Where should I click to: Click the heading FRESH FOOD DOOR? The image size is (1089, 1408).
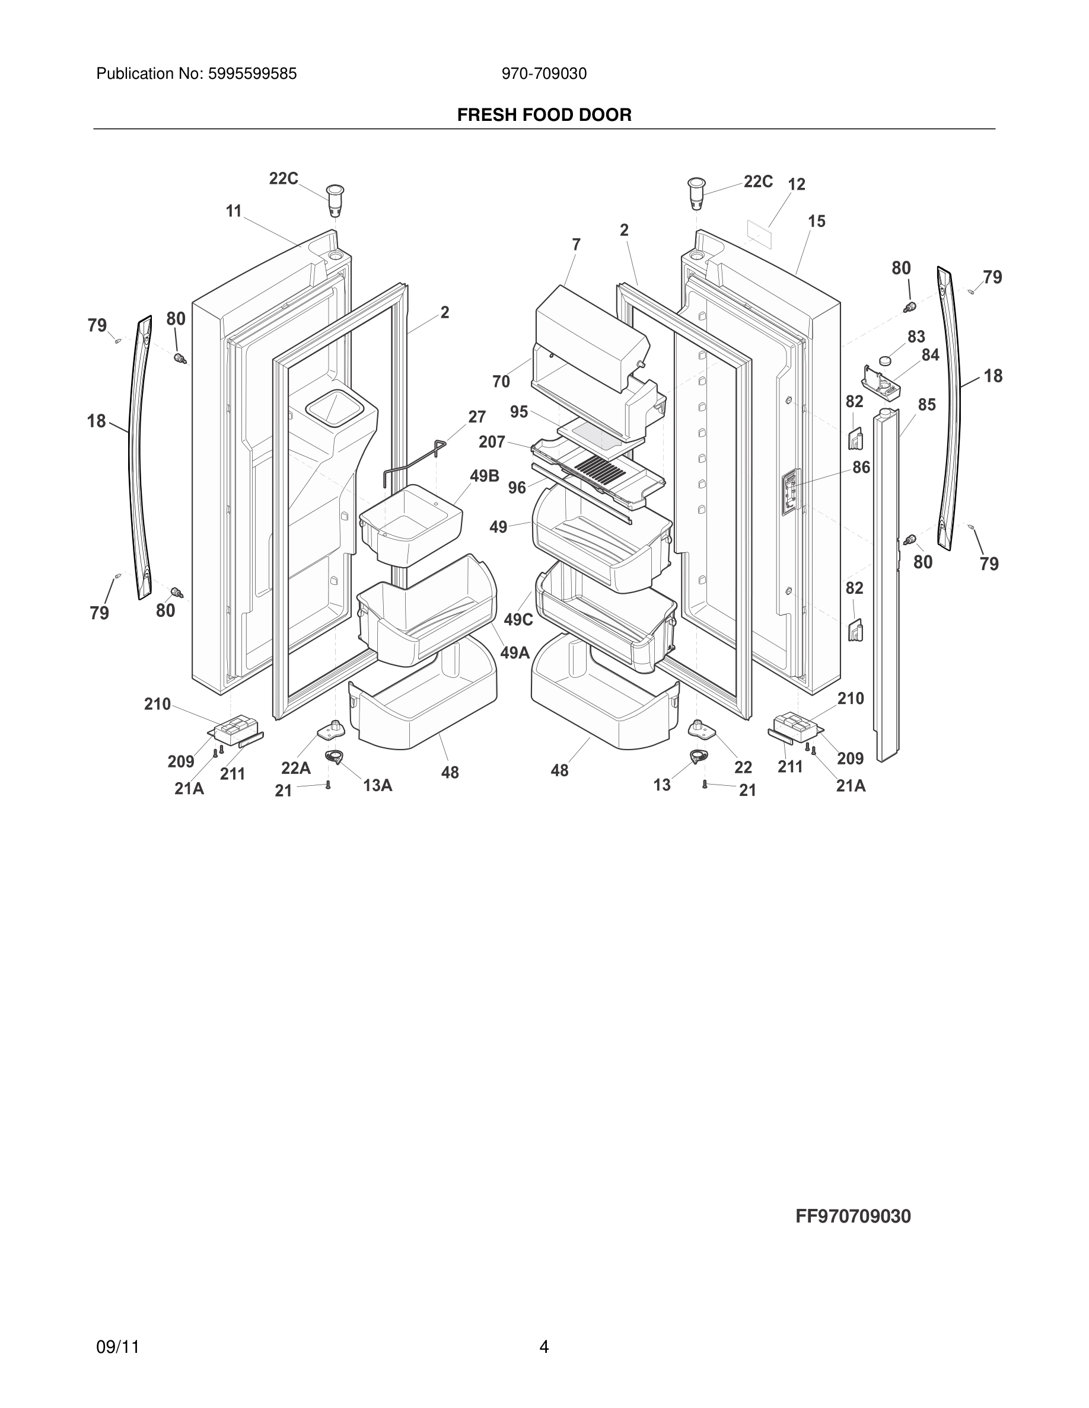click(544, 115)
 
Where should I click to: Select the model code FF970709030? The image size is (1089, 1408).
click(853, 1217)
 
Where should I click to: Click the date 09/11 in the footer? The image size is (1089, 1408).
click(117, 1347)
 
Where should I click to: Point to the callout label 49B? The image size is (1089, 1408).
click(485, 476)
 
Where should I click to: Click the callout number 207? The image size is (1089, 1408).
click(492, 442)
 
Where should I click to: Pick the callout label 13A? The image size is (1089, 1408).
click(377, 785)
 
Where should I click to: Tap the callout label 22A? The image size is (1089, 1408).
click(295, 769)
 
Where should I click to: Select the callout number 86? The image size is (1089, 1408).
click(861, 468)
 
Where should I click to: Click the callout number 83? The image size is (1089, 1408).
click(916, 337)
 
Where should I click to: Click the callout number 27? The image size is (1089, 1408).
click(477, 417)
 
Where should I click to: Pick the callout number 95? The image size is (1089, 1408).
click(518, 412)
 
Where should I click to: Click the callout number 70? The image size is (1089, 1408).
click(501, 382)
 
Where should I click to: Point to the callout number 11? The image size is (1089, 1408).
click(234, 211)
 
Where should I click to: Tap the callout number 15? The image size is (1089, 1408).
click(817, 222)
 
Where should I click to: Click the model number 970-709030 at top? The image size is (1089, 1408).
click(544, 74)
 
